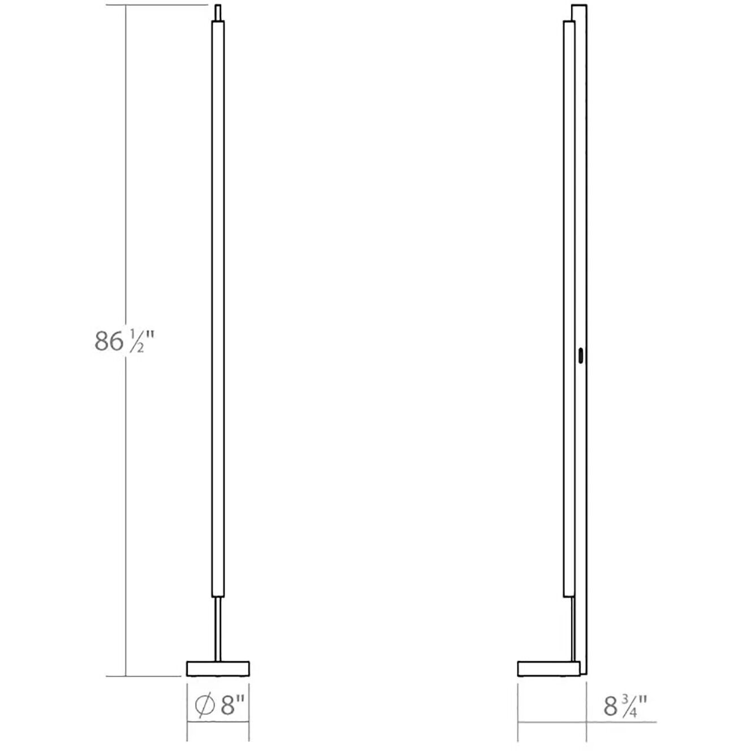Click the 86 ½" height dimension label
click(x=124, y=342)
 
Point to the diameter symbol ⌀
click(x=204, y=705)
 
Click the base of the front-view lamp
click(x=218, y=668)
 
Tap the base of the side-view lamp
click(x=547, y=668)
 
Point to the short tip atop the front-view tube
click(x=218, y=12)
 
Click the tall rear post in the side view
click(x=581, y=226)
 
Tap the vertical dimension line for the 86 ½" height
click(x=125, y=509)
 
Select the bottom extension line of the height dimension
click(x=153, y=676)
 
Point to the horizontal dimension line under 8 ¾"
click(x=588, y=722)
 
